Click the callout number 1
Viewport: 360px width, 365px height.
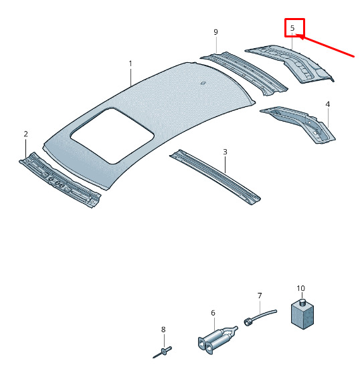coord(130,64)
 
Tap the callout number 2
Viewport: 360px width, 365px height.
coord(25,134)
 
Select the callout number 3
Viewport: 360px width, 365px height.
coord(225,152)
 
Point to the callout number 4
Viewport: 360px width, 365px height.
coord(328,104)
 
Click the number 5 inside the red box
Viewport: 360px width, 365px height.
coord(292,28)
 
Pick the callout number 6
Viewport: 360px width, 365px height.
coord(213,313)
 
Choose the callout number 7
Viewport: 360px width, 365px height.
coord(260,295)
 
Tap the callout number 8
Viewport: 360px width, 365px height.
coord(163,330)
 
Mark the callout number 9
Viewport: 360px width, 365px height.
coord(215,32)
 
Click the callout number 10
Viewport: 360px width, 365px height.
coord(300,288)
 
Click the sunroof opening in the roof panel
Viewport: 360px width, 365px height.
coord(112,136)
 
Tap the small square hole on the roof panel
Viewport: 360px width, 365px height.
coord(203,83)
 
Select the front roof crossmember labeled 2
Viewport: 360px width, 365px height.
coord(60,180)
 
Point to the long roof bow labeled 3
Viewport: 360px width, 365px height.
coord(215,177)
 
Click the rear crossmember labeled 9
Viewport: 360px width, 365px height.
coord(244,73)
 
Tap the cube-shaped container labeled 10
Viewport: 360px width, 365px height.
coord(302,314)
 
